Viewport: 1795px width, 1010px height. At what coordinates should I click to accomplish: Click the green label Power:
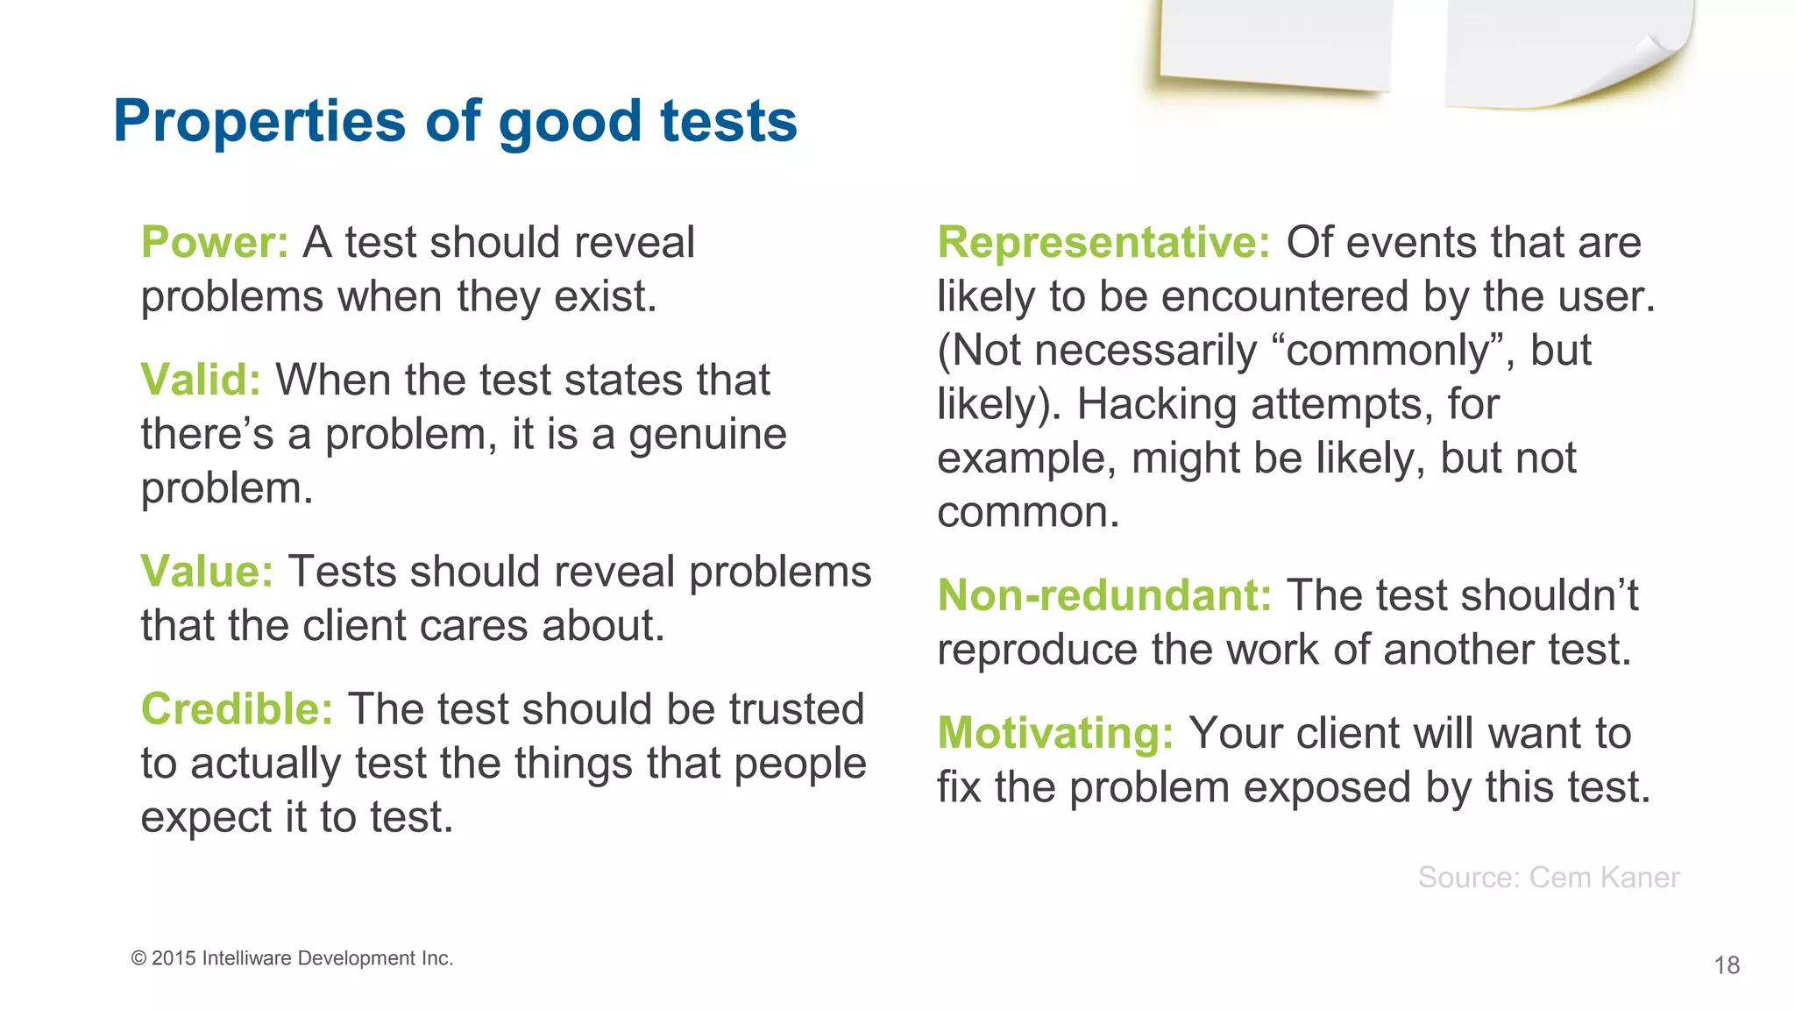215,243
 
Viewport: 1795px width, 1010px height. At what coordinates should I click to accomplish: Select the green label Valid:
201,381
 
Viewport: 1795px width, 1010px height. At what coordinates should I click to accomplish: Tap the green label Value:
207,572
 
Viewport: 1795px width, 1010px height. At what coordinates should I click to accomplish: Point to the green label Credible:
237,709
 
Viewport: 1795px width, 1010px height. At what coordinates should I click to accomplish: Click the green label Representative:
1103,243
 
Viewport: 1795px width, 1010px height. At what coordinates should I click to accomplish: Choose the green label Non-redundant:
1104,596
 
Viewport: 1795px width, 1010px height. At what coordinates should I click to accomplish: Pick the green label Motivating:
1055,733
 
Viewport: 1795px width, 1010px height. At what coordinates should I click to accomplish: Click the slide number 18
1727,965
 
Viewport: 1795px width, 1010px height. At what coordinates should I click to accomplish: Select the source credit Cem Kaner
1604,878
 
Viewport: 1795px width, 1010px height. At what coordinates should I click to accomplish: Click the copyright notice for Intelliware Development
292,958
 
